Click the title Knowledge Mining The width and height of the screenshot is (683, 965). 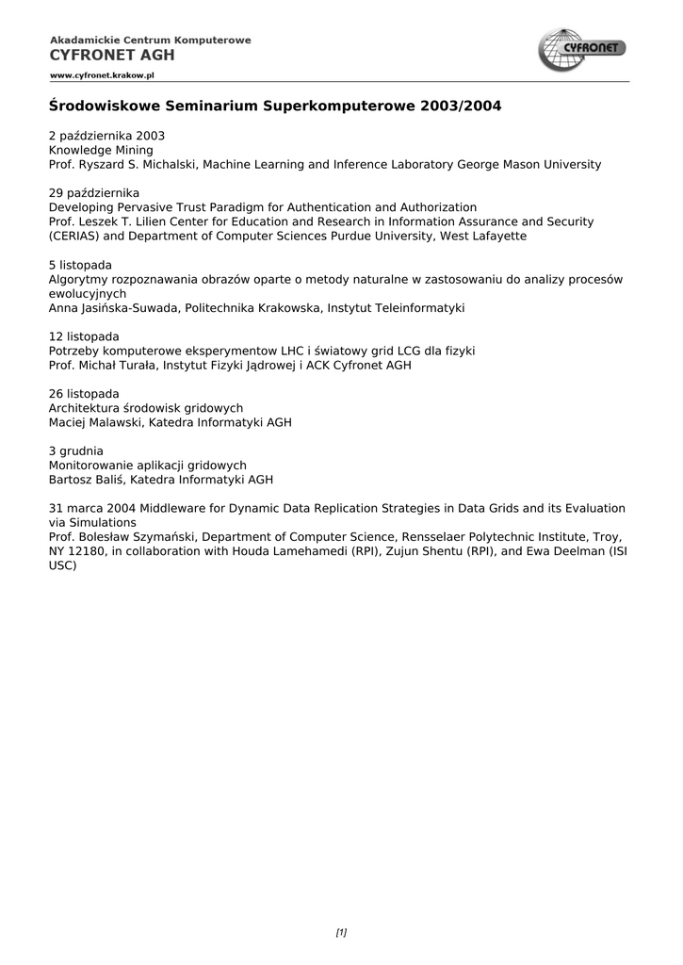(101, 150)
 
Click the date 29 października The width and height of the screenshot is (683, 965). (94, 193)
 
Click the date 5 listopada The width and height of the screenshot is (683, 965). (80, 265)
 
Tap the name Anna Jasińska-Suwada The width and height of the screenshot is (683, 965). (113, 307)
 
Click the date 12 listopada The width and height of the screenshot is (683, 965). (84, 336)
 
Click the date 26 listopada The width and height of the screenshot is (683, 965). (84, 393)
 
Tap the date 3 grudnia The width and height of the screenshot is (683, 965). (75, 450)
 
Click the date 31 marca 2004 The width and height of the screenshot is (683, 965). (91, 508)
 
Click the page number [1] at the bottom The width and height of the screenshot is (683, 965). (341, 933)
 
